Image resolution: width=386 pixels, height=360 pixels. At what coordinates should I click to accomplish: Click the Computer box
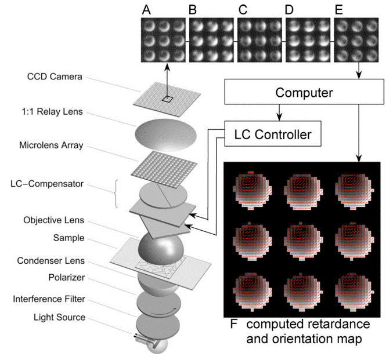[x=304, y=92]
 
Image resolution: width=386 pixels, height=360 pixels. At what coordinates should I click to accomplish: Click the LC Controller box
[x=272, y=135]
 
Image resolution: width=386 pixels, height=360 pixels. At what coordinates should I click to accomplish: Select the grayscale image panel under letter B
[x=211, y=40]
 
